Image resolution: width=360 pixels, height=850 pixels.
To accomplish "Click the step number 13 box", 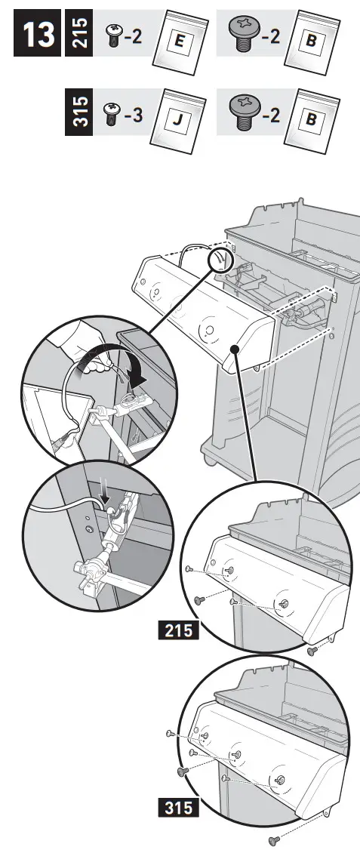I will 35,35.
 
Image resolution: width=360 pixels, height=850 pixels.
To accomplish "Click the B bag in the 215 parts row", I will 310,42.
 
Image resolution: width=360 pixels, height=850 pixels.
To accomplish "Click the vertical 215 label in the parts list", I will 78,33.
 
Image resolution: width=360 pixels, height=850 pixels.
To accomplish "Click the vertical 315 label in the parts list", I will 78,109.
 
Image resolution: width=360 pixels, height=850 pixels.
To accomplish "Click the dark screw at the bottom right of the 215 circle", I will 310,651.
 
